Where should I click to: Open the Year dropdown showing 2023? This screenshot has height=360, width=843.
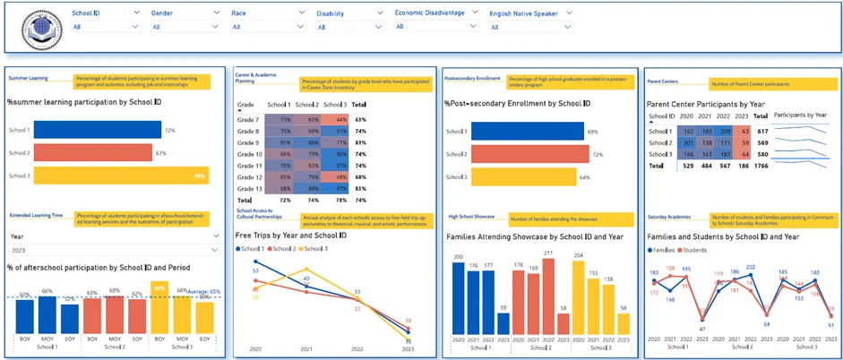(113, 250)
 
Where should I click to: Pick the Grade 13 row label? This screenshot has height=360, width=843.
(246, 188)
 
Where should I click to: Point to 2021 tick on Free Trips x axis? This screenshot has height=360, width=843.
(306, 348)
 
